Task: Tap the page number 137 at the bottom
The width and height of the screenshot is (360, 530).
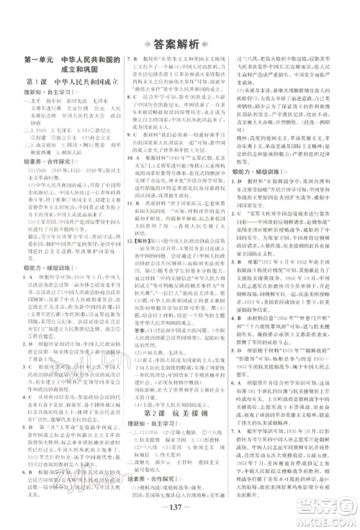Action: pyautogui.click(x=179, y=503)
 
